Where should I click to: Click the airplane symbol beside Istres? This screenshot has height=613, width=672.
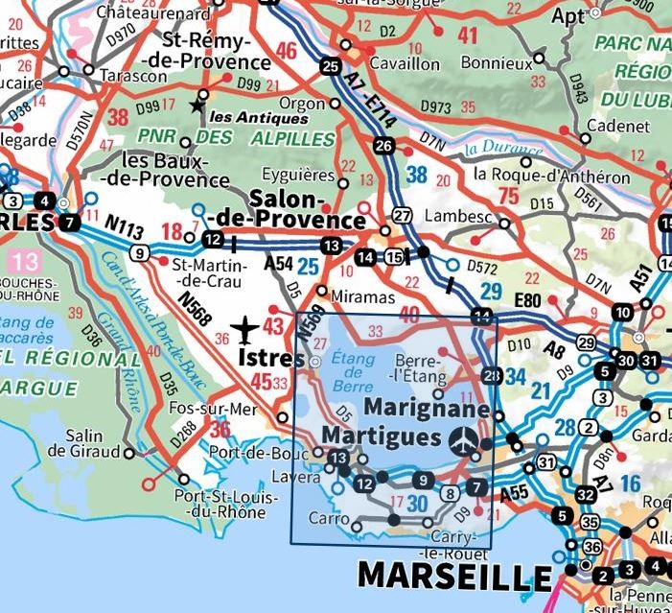click(x=246, y=330)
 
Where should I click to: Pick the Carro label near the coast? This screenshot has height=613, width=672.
click(x=328, y=519)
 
